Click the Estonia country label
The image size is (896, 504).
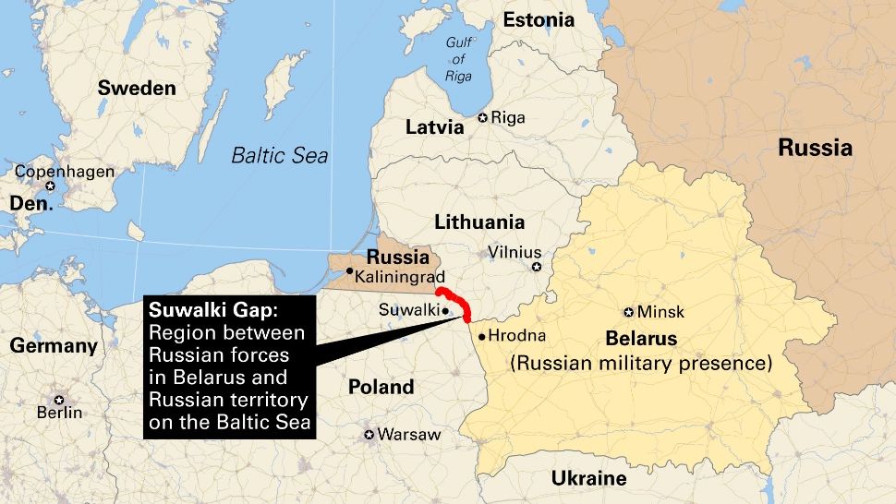point(538,19)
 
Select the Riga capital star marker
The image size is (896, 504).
point(482,117)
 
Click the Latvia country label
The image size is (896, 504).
point(434,127)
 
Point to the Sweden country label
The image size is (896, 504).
point(137,89)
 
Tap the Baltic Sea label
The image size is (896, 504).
point(279,155)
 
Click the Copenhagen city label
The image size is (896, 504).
point(64,172)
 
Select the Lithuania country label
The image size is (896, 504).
point(478,222)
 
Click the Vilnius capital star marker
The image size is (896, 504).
point(536,267)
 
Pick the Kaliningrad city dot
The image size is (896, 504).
point(349,270)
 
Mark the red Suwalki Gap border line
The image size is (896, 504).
point(460,306)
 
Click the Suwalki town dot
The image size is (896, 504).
point(445,311)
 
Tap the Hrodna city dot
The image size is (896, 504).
point(481,336)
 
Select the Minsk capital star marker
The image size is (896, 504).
point(629,312)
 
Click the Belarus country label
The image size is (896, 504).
point(641,338)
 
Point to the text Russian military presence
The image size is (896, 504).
point(641,363)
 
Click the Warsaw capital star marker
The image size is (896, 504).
point(369,434)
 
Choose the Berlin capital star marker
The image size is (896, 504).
point(59,400)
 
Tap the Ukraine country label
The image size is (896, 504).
point(588,478)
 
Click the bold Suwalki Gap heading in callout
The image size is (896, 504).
point(206,311)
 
